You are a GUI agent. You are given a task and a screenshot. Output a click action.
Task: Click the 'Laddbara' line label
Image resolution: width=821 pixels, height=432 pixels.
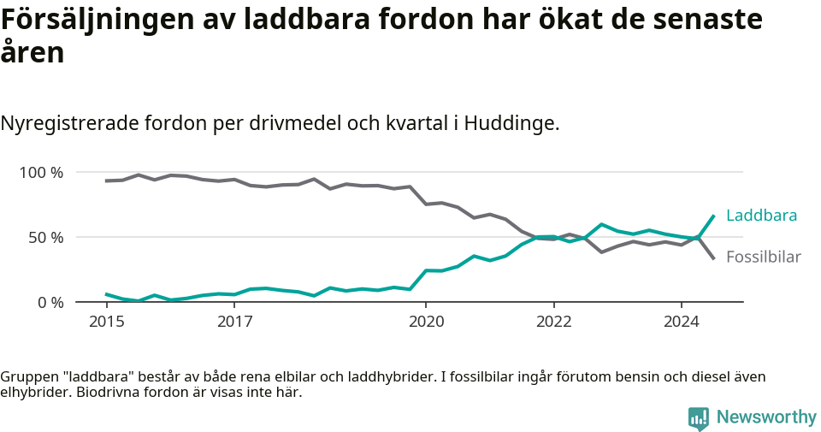pos(761,215)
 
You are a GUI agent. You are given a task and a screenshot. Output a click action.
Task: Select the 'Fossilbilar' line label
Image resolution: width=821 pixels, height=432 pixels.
pos(763,257)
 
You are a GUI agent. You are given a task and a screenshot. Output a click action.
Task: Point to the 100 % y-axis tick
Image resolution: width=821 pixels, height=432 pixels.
pos(42,173)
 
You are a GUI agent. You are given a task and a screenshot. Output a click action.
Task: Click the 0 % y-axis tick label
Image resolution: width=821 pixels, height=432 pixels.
pos(50,302)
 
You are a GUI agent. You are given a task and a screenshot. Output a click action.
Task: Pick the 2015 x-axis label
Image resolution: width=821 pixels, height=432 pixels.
pos(106,322)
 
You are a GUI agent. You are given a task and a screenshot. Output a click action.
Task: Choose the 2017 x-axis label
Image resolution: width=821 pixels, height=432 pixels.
pos(234,322)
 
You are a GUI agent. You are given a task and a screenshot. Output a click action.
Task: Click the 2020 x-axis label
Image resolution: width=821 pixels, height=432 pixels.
pos(426,322)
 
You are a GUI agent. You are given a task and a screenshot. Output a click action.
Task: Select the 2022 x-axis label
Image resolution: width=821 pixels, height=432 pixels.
pos(553,322)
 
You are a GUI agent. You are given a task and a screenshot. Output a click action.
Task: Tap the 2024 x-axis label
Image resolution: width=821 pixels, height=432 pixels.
pos(682,322)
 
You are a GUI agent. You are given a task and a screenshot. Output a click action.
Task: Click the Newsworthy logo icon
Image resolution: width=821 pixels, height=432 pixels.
pos(699,417)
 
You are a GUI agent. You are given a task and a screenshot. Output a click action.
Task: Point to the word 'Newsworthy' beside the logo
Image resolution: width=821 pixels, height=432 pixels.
pos(766,417)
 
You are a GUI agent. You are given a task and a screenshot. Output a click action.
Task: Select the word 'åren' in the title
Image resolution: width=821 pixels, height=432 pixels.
pos(32,53)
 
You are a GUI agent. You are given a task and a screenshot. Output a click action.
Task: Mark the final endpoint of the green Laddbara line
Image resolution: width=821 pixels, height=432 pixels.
pos(714,216)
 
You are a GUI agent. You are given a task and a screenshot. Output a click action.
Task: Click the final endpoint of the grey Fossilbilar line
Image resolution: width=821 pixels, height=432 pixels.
pos(714,258)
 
